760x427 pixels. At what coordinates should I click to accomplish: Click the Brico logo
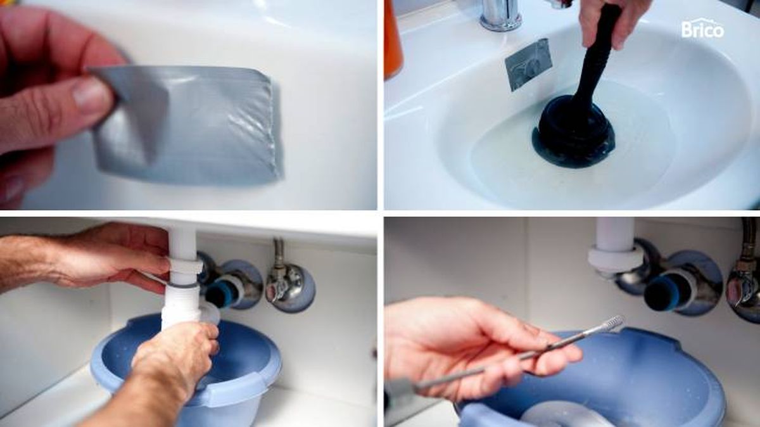(x=702, y=29)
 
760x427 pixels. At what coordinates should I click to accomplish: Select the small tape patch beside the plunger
(x=528, y=63)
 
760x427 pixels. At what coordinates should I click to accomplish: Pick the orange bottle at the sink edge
(x=393, y=38)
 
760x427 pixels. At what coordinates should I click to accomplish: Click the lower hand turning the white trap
(x=174, y=361)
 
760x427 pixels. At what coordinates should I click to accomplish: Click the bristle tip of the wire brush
(x=612, y=324)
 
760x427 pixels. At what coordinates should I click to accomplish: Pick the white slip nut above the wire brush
(x=612, y=258)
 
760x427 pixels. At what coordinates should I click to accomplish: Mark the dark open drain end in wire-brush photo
(x=659, y=293)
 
